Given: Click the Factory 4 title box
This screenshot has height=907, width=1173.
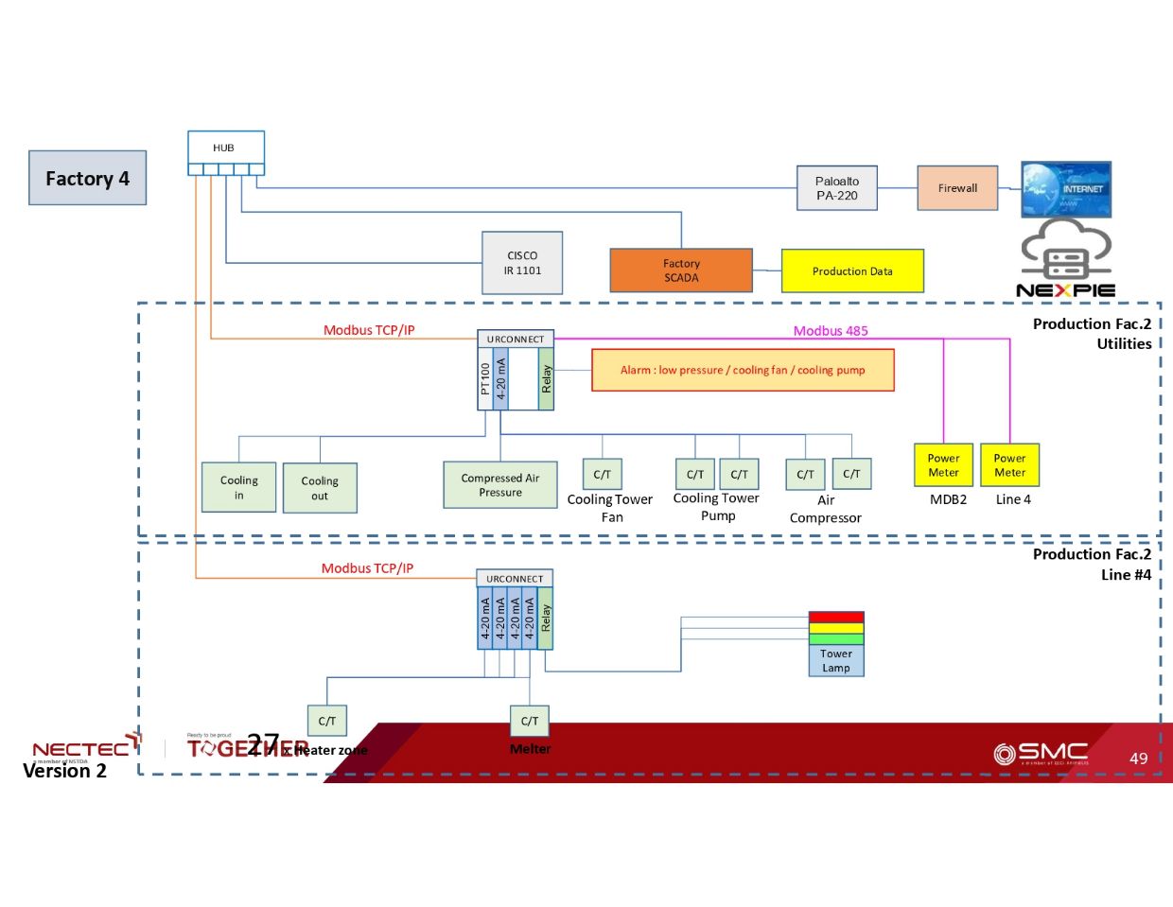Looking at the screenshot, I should tap(87, 178).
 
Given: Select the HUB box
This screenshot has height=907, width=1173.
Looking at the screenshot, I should tap(225, 148).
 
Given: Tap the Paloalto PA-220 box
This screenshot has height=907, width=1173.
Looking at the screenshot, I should tap(837, 188).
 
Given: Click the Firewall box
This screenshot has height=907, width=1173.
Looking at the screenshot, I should tap(957, 188).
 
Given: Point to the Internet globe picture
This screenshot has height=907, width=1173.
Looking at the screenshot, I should tap(1066, 189).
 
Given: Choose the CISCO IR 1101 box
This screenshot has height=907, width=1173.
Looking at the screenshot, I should tap(522, 263).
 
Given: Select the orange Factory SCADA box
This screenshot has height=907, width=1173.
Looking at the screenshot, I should tap(681, 270).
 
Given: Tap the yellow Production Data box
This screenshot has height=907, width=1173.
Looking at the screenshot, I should tap(852, 271).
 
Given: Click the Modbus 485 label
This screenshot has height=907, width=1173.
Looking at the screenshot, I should tap(831, 331).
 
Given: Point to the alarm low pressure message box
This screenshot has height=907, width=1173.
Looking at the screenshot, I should tap(743, 370).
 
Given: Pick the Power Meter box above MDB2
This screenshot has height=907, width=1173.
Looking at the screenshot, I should tap(943, 465).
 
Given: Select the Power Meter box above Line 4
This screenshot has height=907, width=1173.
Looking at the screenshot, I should tap(1009, 465).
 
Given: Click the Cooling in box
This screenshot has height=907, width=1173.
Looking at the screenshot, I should tap(238, 487).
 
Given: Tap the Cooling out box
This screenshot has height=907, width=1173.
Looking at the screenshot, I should tap(320, 488).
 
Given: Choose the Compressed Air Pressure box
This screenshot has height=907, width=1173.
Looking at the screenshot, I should tap(500, 485).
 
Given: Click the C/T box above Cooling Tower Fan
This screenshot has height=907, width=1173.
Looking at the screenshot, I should tap(602, 475).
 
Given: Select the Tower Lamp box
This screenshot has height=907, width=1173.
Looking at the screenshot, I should tap(836, 661).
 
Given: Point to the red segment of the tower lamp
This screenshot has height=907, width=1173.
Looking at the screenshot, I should tap(836, 618).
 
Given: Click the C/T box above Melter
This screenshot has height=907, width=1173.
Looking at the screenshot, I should tap(530, 721).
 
